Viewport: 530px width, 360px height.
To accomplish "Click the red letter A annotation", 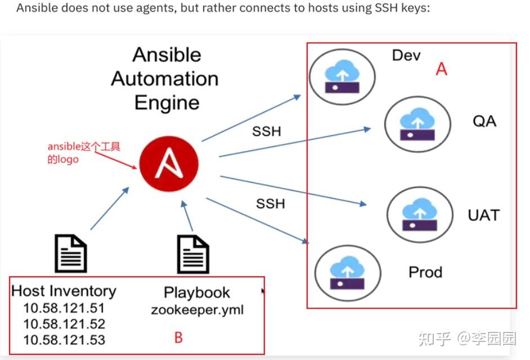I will point(442,69).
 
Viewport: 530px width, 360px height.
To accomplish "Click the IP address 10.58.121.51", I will point(64,308).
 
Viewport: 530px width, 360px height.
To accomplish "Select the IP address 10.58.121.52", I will point(64,324).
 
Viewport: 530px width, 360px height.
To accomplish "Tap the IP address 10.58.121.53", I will point(64,340).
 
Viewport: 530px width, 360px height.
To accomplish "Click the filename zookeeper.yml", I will point(197,310).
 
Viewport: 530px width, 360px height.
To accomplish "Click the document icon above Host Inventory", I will point(70,254).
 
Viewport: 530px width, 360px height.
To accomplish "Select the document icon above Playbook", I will point(193,254).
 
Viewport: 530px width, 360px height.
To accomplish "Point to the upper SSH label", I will point(266,131).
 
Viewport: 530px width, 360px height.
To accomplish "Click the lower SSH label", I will point(270,203).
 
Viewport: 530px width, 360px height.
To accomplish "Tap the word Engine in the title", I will point(167,103).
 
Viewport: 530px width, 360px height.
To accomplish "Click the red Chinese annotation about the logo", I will point(83,152).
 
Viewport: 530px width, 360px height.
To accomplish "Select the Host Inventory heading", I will point(64,291).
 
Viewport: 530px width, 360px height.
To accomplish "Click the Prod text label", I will point(425,272).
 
